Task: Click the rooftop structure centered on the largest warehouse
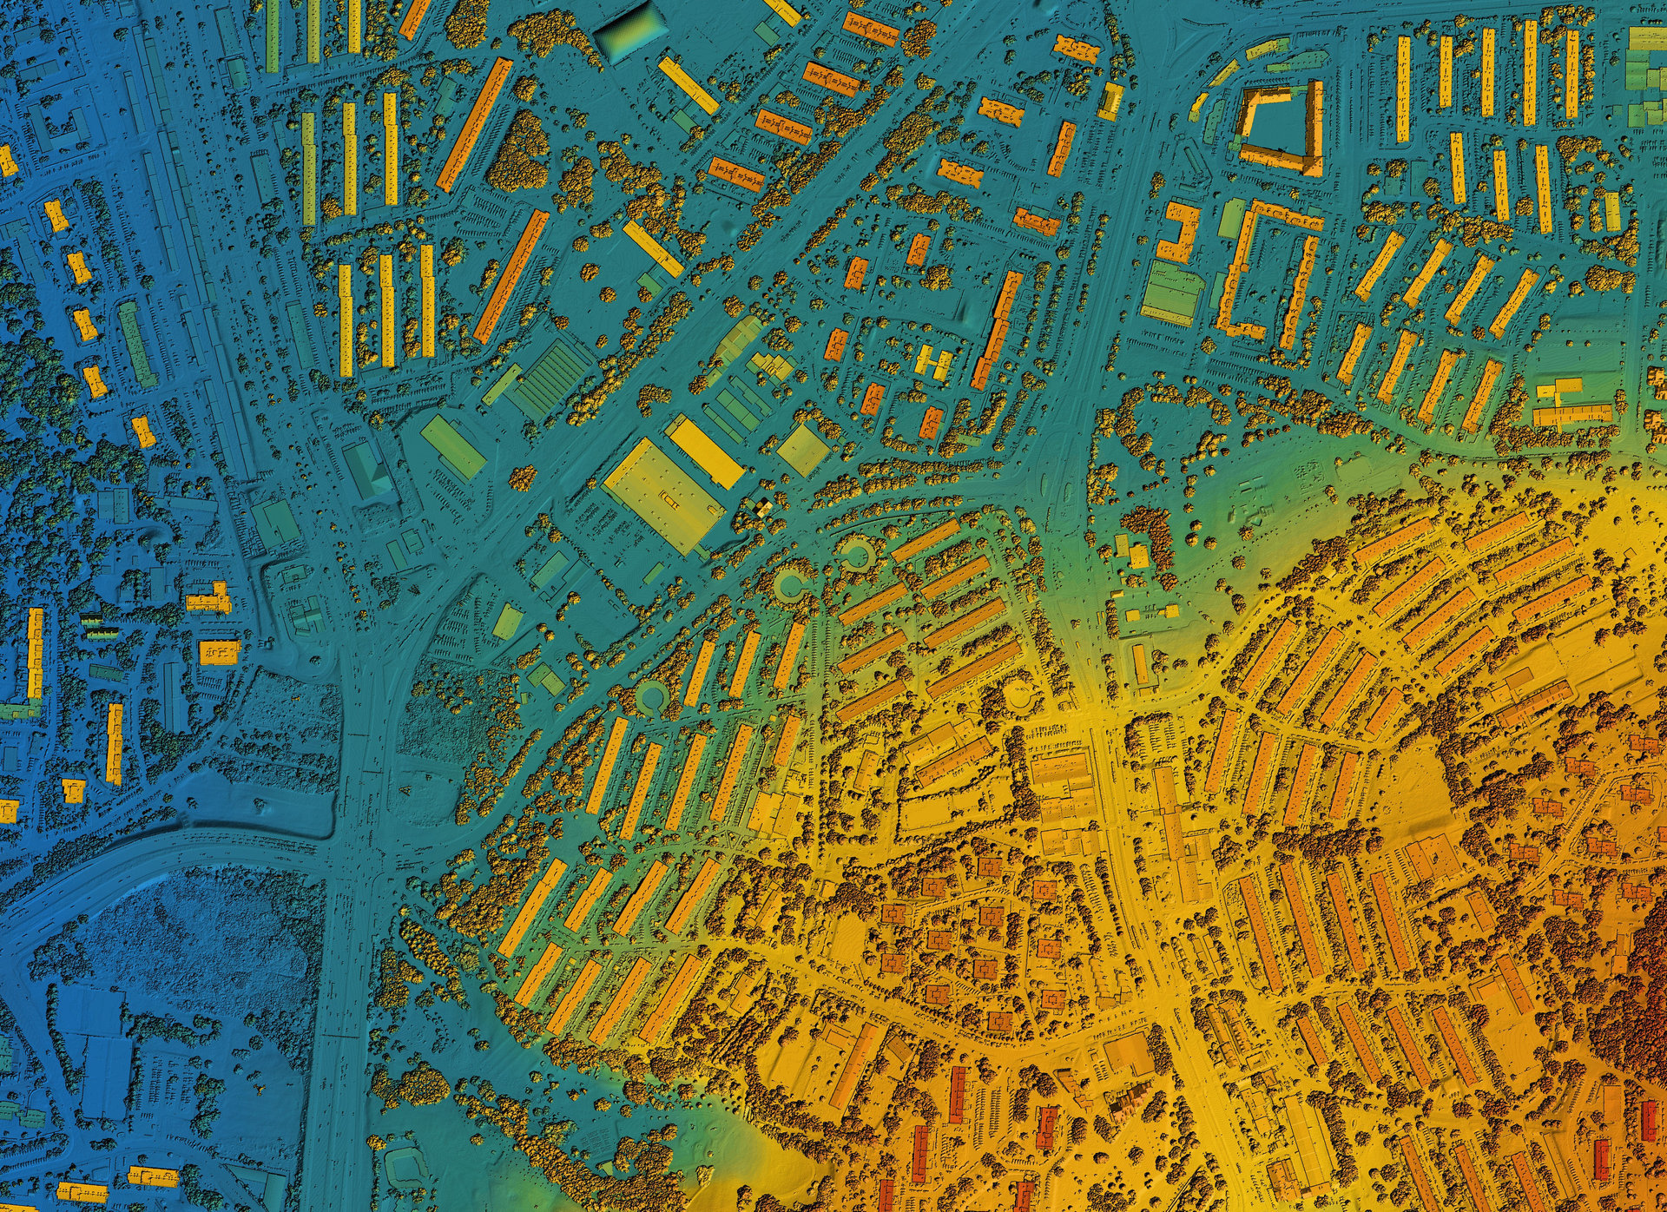coord(667,497)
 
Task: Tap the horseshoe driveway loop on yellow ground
coord(1020,695)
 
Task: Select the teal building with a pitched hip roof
coord(368,470)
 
